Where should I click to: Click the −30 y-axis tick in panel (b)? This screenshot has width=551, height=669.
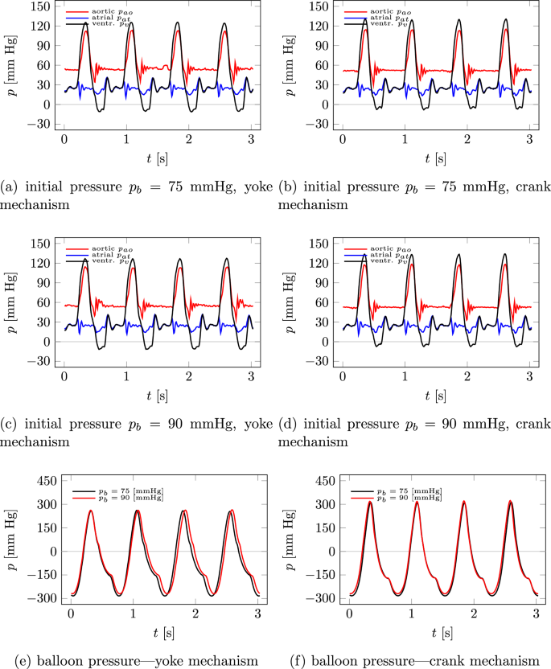(315, 124)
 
